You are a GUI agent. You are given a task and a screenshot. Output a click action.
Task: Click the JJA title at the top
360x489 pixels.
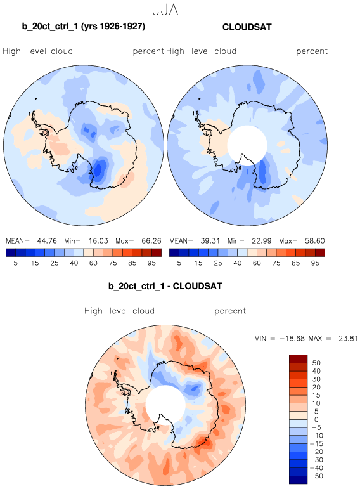tap(165, 10)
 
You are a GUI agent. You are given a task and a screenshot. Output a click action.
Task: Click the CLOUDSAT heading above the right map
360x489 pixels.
tap(247, 27)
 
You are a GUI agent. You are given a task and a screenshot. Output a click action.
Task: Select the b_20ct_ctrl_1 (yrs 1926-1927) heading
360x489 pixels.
tap(84, 26)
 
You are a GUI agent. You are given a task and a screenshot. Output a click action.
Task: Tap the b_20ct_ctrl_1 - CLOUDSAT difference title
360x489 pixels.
tap(165, 286)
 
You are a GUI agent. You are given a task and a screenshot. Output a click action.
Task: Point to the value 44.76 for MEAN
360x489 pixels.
tap(47, 241)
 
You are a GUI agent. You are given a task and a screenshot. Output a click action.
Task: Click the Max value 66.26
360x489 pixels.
tap(151, 241)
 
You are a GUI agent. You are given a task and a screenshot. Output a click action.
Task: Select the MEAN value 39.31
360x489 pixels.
tap(210, 241)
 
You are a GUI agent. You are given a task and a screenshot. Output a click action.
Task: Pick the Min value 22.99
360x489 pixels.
tap(262, 241)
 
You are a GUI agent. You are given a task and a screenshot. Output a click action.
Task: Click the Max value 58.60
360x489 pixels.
tap(315, 241)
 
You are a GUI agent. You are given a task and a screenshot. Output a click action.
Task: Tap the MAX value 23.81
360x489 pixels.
tap(348, 339)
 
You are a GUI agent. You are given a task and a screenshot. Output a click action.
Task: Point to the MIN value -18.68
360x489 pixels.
tap(292, 339)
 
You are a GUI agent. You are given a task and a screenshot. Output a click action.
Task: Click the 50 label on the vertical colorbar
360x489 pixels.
tap(316, 363)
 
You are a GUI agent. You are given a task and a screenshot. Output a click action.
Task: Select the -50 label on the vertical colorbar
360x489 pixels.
tap(316, 476)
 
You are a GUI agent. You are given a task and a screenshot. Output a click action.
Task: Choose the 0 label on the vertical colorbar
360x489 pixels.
tap(316, 419)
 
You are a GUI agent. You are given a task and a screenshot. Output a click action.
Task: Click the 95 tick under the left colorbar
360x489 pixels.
tap(151, 263)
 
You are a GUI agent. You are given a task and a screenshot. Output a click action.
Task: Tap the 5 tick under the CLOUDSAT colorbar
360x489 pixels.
tap(179, 263)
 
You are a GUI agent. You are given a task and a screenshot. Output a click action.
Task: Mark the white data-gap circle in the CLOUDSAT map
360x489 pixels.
tap(247, 145)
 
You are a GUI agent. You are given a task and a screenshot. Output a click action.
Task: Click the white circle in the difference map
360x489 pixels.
tap(165, 405)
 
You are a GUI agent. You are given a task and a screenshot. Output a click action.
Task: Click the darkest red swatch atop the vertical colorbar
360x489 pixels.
tap(299, 359)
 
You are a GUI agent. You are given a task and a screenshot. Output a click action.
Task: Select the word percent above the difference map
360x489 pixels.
tap(230, 311)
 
